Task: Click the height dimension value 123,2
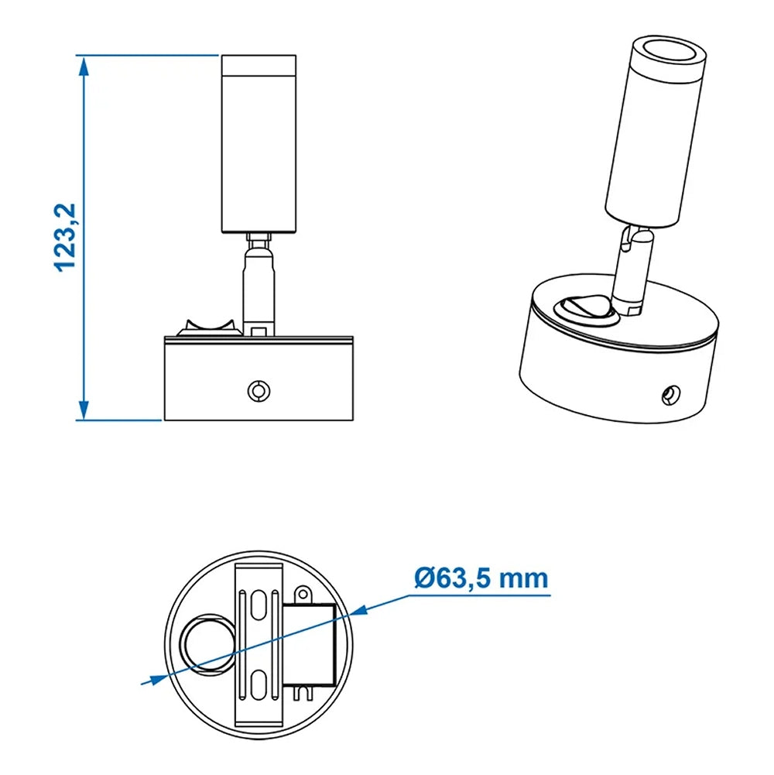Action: point(65,236)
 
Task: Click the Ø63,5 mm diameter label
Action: point(481,578)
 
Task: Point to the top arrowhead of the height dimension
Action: point(84,67)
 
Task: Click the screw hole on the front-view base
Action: point(257,390)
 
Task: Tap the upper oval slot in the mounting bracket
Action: point(259,608)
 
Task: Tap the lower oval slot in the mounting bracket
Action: point(259,686)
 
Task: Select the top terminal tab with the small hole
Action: point(303,595)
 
